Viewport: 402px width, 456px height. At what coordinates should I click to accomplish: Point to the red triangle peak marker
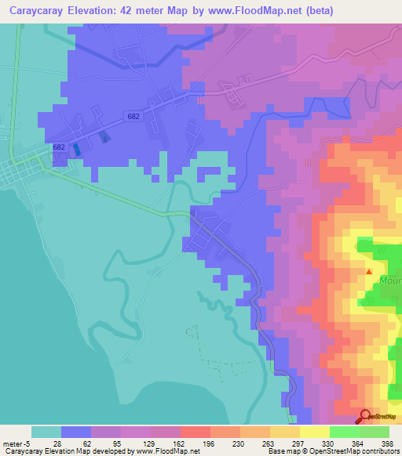pos(370,272)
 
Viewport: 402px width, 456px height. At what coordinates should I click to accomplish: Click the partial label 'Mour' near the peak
pos(390,279)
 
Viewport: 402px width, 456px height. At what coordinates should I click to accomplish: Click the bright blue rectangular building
pos(76,148)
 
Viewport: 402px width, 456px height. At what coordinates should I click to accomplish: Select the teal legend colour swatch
pos(46,432)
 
